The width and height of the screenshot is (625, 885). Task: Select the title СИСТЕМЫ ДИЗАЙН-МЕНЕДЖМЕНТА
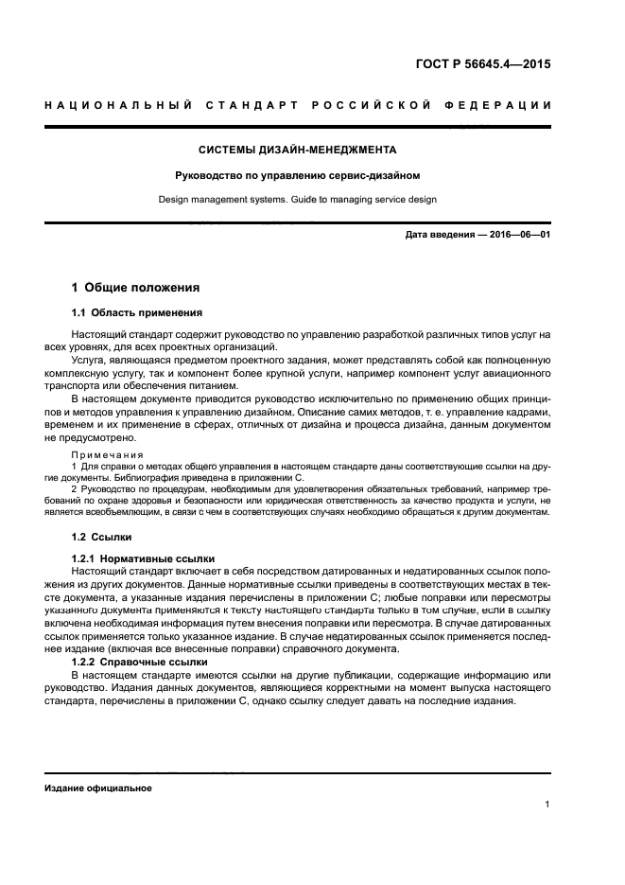(x=298, y=150)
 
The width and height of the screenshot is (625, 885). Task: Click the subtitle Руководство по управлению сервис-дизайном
(x=298, y=175)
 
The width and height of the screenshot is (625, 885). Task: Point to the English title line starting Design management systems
(x=298, y=200)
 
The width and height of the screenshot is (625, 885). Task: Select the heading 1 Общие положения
(x=136, y=287)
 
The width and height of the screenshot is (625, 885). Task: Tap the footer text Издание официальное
(x=98, y=788)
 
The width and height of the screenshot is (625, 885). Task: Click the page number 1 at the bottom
(x=547, y=805)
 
